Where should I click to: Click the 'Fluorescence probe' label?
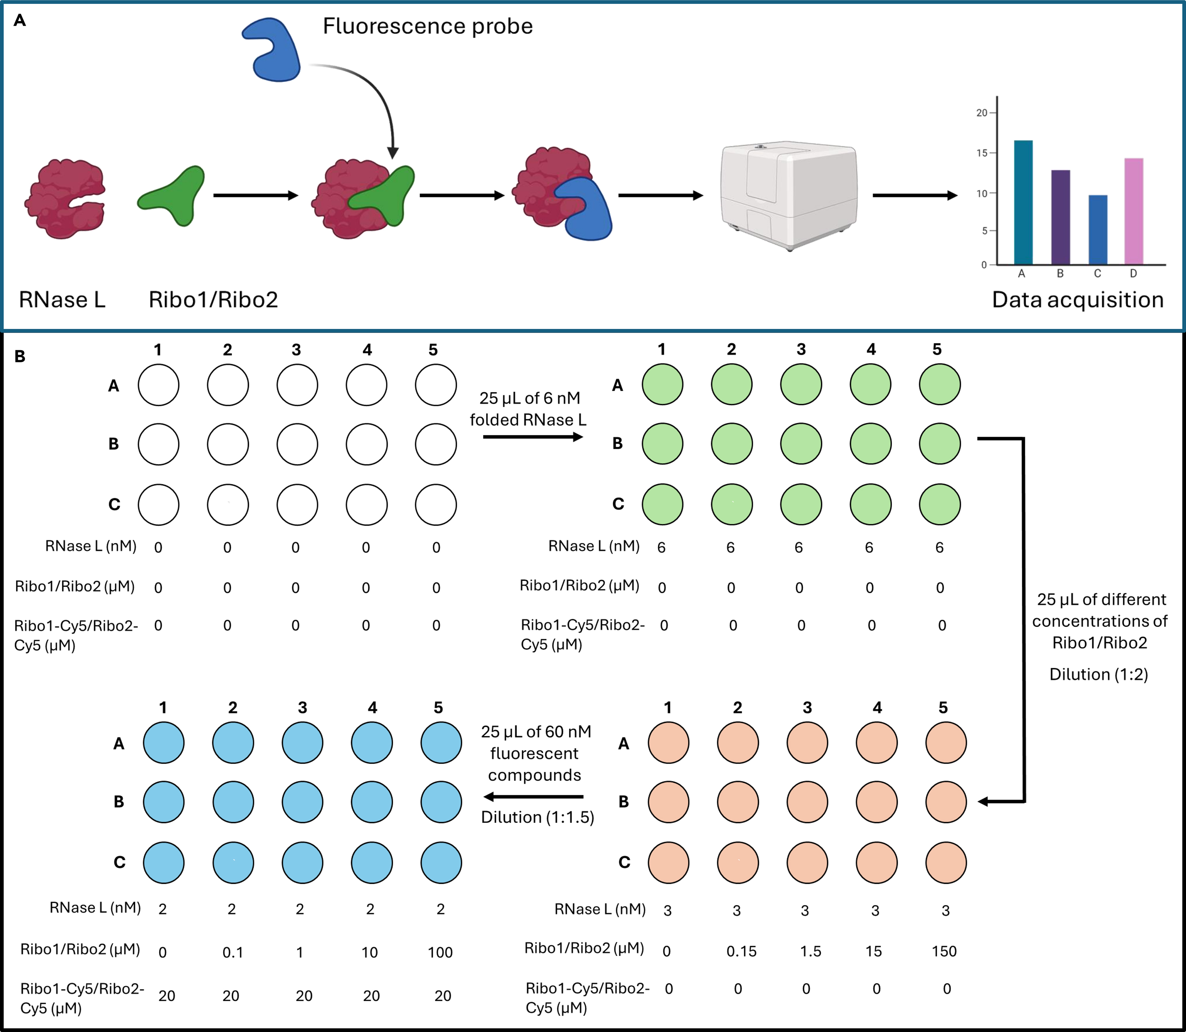[x=427, y=26]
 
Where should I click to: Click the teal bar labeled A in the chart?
[x=1023, y=202]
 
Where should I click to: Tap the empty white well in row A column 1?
[x=159, y=385]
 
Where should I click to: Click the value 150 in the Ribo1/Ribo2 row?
[x=944, y=951]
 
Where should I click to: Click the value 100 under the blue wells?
[x=440, y=952]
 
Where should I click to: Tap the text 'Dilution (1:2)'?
[x=1099, y=674]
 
